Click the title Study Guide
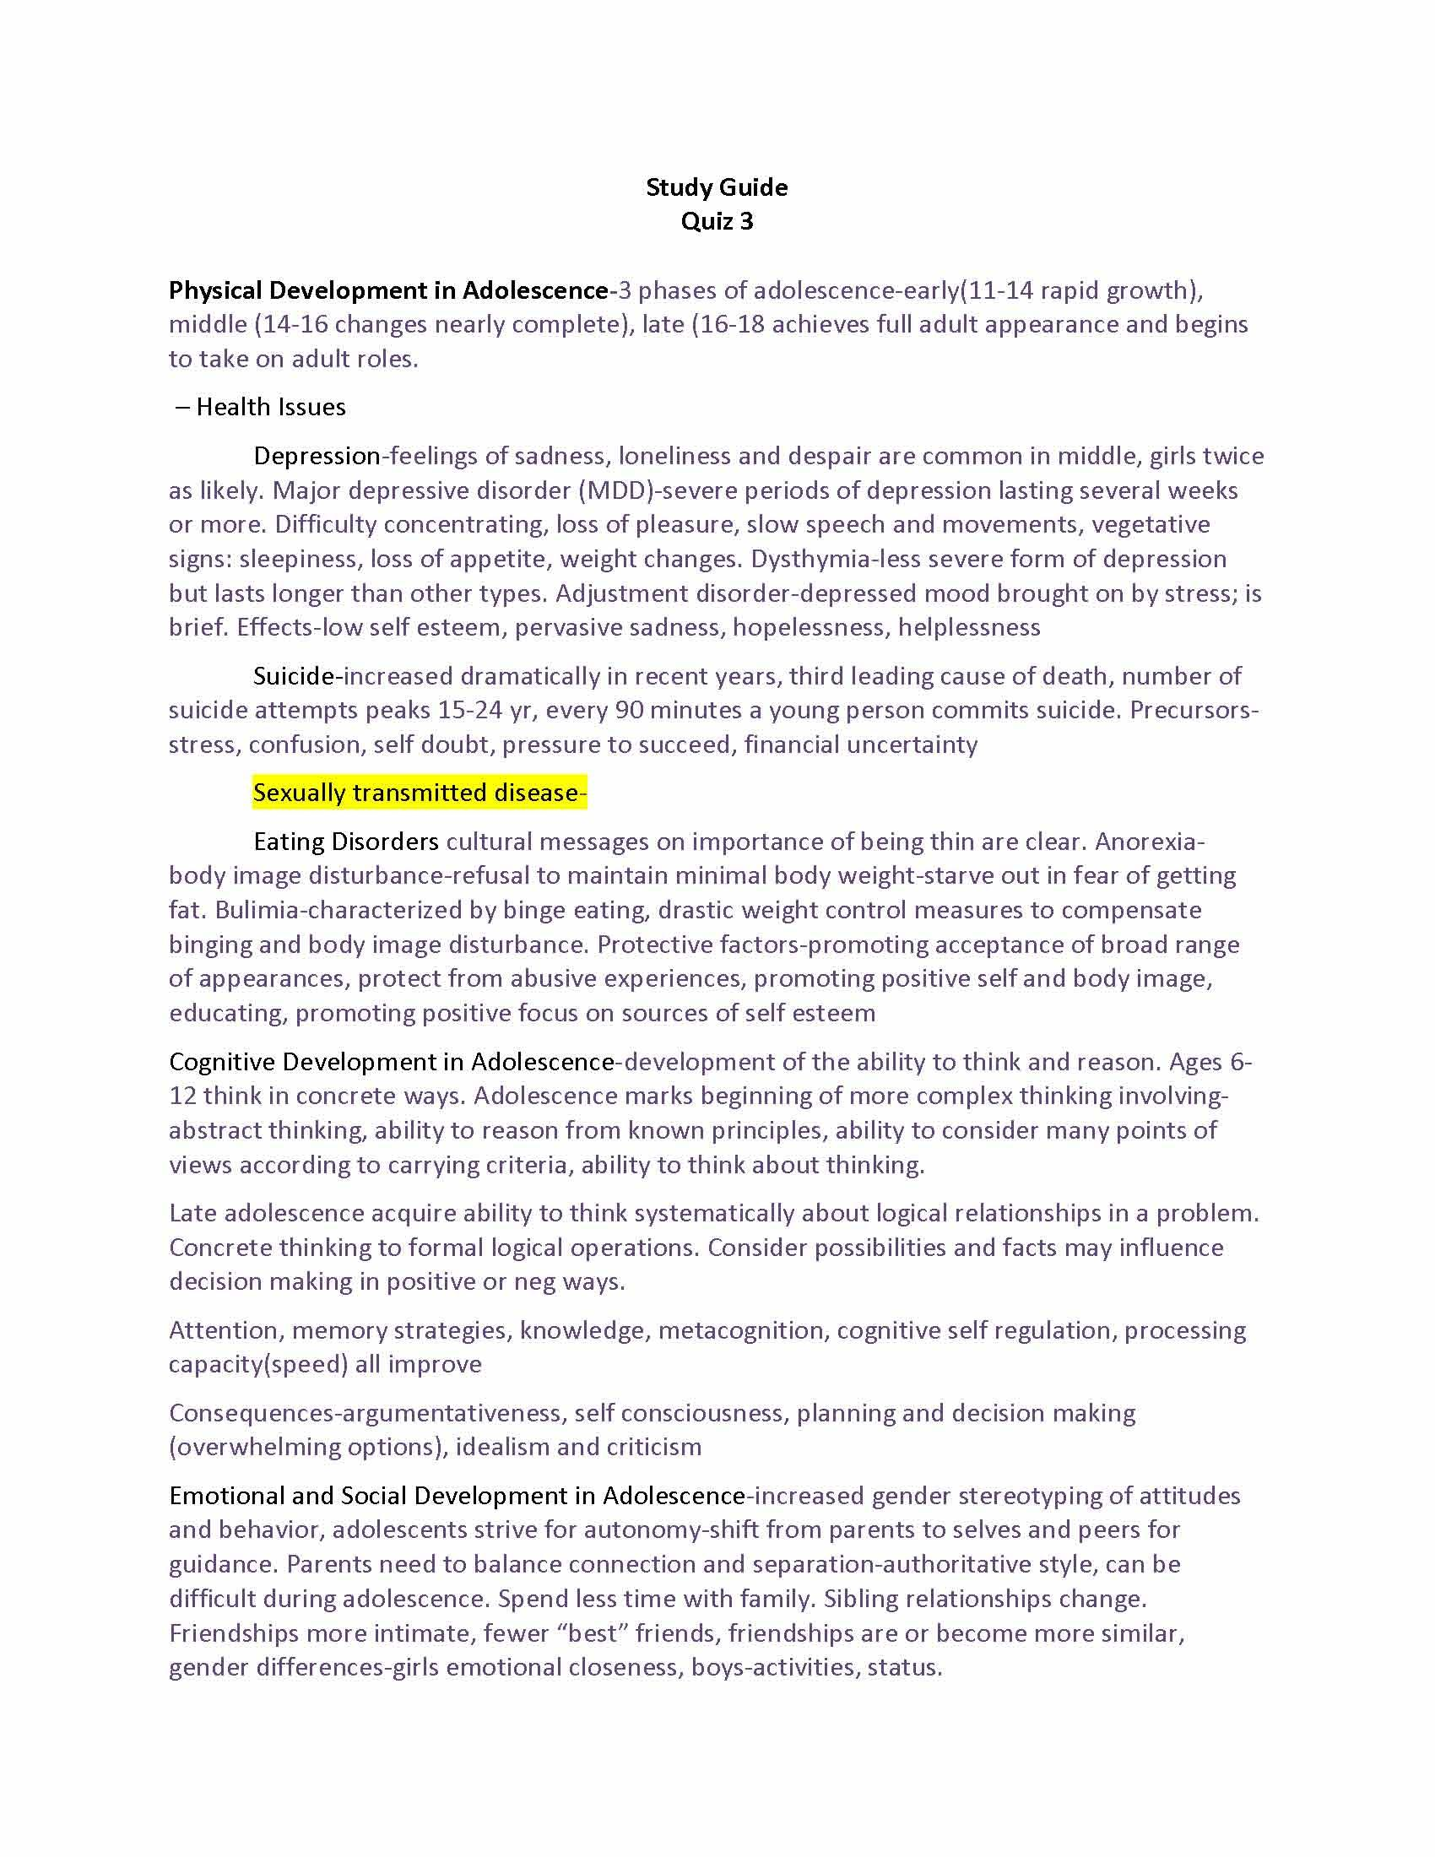point(717,187)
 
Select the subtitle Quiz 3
point(717,221)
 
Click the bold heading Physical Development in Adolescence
point(387,291)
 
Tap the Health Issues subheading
point(270,408)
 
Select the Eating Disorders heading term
point(346,842)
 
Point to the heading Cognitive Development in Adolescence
point(391,1062)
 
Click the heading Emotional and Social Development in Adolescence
point(458,1496)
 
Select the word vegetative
point(1151,525)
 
